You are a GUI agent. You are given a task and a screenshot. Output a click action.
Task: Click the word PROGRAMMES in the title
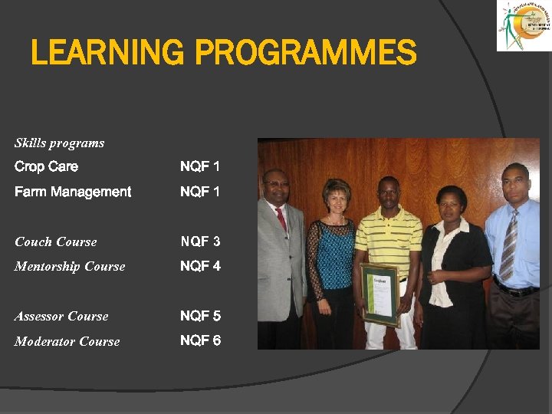pos(306,54)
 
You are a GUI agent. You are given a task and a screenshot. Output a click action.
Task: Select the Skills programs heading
pos(59,143)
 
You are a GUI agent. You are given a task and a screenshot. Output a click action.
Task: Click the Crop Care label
pos(46,166)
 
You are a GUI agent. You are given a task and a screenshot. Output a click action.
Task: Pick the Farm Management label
pos(73,192)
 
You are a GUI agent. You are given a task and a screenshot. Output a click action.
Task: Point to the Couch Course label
pos(56,242)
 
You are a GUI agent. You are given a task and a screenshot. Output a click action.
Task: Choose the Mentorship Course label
pos(70,267)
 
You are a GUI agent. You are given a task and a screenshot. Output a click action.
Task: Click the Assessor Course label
pos(61,316)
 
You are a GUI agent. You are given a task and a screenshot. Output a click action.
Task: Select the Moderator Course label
pos(67,341)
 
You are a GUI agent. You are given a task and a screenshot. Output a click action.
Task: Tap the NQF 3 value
pos(200,242)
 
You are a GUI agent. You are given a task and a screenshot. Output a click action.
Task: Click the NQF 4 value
pos(200,267)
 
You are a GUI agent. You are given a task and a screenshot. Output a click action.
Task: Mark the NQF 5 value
pos(200,316)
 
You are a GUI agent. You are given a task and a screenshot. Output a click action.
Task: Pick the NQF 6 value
pos(200,341)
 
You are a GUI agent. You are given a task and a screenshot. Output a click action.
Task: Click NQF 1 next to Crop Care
pos(200,166)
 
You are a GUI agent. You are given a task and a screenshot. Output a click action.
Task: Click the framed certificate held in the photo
pos(380,294)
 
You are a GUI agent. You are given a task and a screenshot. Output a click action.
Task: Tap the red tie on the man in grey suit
pos(281,219)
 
